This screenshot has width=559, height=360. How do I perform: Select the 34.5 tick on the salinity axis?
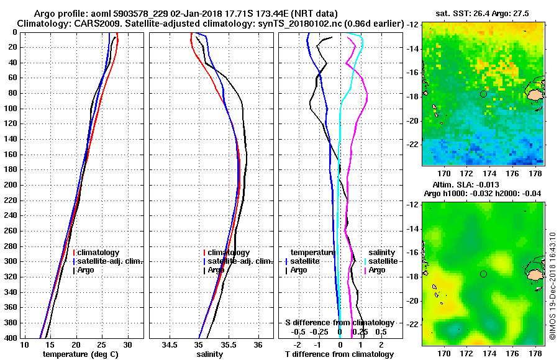tap(170, 344)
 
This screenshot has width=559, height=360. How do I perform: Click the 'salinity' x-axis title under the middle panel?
tap(209, 354)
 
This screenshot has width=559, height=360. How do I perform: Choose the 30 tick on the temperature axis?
tap(127, 344)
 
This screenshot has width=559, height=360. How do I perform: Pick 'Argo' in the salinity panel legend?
tap(216, 270)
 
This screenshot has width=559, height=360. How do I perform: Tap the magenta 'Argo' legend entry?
tap(377, 270)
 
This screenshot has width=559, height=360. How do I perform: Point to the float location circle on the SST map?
tap(483, 94)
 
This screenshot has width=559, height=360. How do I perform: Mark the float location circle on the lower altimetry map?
tap(483, 274)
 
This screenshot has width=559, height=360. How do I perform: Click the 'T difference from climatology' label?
tap(339, 354)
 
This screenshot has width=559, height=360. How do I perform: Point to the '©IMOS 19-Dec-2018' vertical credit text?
tap(553, 286)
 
